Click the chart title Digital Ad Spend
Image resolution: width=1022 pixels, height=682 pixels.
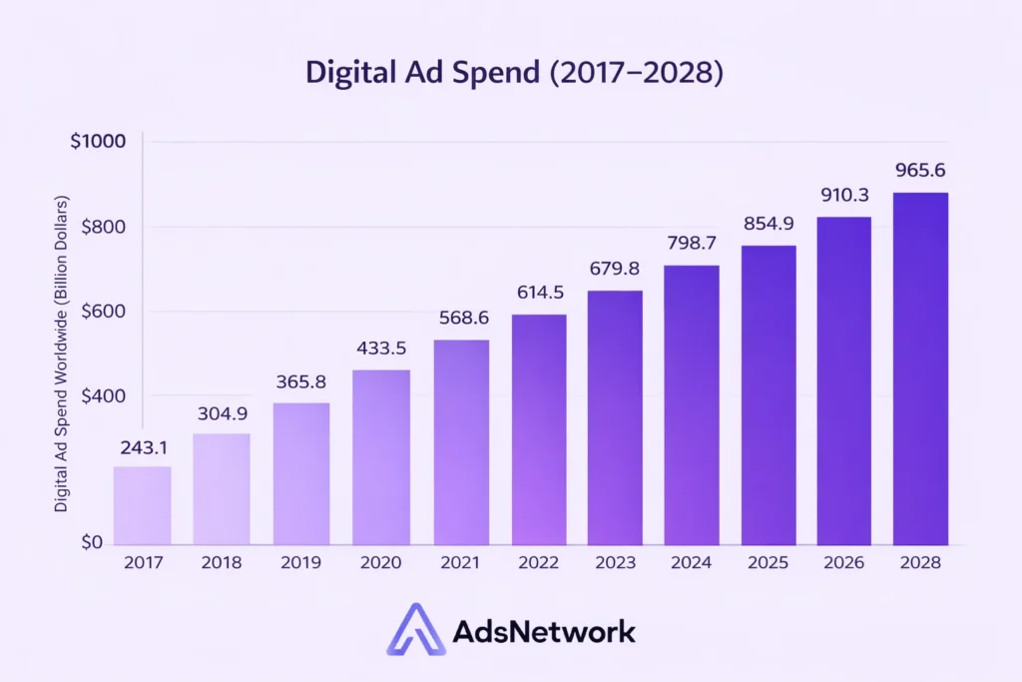coord(511,74)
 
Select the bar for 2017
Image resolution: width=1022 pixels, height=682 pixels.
coord(142,505)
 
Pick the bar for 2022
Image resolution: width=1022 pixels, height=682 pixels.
coord(539,429)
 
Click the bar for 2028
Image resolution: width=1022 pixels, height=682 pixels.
coord(920,368)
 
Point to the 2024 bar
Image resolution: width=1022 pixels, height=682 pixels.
coord(692,404)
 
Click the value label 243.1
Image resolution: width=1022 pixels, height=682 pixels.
coord(142,448)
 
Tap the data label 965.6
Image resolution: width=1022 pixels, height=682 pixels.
coord(920,170)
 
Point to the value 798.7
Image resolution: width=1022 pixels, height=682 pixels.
coord(692,244)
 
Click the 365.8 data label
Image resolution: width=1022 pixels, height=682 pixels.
coord(301,381)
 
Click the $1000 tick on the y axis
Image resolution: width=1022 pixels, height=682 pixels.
coord(98,142)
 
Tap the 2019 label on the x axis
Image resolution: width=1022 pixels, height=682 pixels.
coord(301,563)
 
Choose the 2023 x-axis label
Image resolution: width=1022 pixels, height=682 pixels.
coord(616,563)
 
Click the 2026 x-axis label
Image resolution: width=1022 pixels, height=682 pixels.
coord(844,563)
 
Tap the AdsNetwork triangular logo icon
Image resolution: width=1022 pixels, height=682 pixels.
coord(414,631)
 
